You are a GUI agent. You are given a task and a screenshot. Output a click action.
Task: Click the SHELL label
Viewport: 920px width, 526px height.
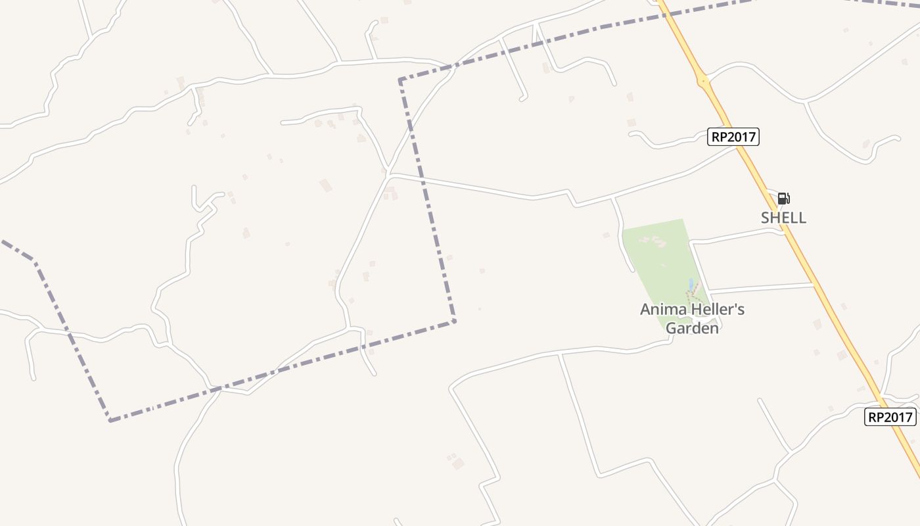click(x=783, y=218)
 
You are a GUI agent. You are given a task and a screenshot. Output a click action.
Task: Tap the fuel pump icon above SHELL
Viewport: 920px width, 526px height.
click(x=783, y=199)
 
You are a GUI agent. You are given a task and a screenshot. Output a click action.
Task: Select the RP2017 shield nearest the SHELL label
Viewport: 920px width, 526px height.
click(x=733, y=137)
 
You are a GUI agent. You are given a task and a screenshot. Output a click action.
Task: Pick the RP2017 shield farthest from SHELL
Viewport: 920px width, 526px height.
click(x=890, y=417)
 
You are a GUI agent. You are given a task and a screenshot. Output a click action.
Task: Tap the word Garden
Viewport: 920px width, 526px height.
click(x=692, y=327)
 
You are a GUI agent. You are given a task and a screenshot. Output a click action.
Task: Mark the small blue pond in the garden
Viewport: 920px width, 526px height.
click(x=690, y=284)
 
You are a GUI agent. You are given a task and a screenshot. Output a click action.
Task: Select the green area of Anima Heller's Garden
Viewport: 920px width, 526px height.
click(x=657, y=256)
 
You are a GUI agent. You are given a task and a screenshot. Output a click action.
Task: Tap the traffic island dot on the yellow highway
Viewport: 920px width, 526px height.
click(x=703, y=82)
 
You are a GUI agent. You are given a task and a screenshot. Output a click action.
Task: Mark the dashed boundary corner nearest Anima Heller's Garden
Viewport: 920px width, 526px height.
click(x=454, y=321)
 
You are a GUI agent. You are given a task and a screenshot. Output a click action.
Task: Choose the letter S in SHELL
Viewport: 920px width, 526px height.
click(x=766, y=218)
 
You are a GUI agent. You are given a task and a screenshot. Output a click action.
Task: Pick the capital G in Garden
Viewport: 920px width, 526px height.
click(x=672, y=327)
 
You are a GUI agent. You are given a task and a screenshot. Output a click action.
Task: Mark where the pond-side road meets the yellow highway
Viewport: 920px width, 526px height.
click(x=814, y=284)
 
